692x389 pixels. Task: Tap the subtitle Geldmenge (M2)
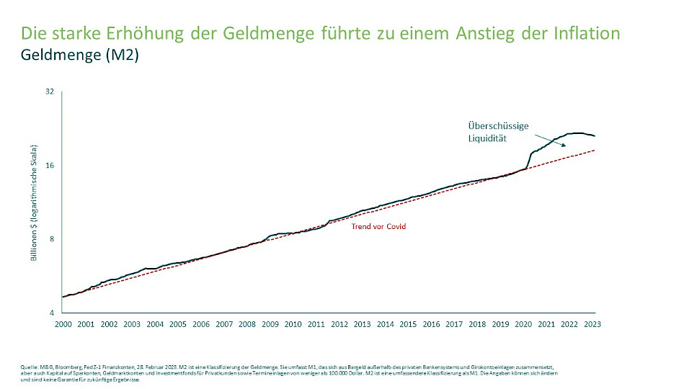pos(79,55)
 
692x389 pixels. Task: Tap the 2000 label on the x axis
pos(63,325)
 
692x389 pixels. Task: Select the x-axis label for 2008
pos(247,325)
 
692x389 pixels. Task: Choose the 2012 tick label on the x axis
pos(340,325)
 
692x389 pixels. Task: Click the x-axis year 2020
pos(523,325)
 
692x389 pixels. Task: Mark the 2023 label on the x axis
pos(593,325)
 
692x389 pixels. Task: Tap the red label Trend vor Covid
pos(378,227)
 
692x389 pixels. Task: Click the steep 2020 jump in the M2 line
pos(530,160)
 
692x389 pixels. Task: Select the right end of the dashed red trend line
pos(594,150)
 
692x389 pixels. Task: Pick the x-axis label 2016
pos(431,325)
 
